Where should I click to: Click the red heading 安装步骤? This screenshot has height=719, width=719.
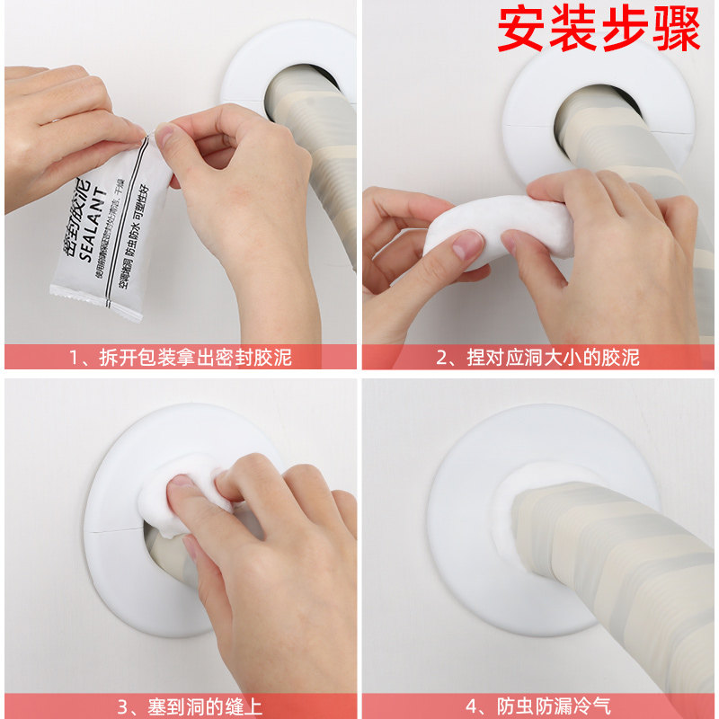pos(599,30)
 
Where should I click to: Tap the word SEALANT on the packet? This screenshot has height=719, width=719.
pos(97,226)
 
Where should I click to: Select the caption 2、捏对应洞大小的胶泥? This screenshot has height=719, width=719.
pos(538,357)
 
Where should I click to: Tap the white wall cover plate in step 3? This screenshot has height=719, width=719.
pos(135,575)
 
